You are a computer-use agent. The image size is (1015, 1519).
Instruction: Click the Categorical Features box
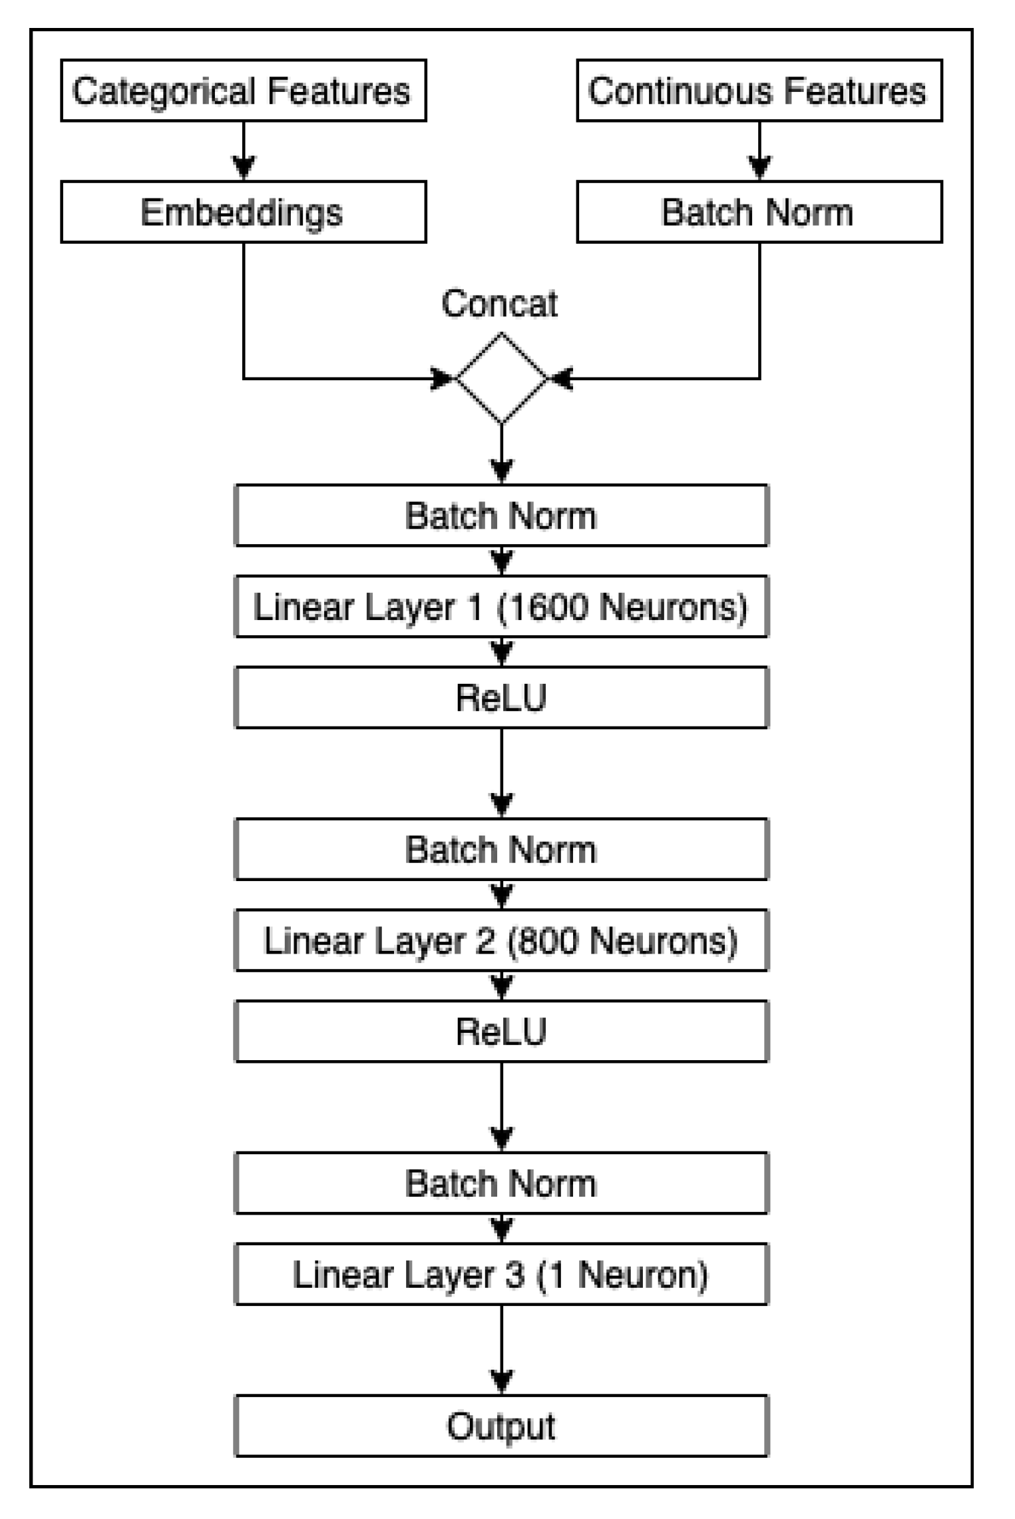click(243, 91)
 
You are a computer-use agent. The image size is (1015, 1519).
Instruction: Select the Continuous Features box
click(759, 91)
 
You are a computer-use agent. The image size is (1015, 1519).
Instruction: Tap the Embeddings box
click(243, 212)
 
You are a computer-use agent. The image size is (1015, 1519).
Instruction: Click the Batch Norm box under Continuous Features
click(759, 212)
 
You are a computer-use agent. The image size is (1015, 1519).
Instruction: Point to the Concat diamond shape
click(501, 378)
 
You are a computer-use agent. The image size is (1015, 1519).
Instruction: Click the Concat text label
click(499, 304)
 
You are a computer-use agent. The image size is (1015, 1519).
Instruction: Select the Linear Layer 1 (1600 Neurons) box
click(501, 607)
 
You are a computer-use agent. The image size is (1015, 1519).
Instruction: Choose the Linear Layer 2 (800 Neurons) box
click(501, 940)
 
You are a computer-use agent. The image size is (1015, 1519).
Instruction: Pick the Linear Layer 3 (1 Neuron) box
click(501, 1274)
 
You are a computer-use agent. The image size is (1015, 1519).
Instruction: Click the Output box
click(501, 1426)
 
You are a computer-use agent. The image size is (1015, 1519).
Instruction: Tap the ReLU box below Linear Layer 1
click(501, 697)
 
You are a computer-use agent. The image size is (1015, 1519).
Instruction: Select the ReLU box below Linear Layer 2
click(501, 1031)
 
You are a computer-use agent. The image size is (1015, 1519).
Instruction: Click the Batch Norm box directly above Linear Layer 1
click(501, 515)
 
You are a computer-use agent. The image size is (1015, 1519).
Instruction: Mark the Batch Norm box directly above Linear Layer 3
click(501, 1183)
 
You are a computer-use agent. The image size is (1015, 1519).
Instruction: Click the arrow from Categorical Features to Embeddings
click(244, 152)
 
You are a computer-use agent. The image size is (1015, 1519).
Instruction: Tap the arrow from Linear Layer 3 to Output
click(501, 1352)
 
